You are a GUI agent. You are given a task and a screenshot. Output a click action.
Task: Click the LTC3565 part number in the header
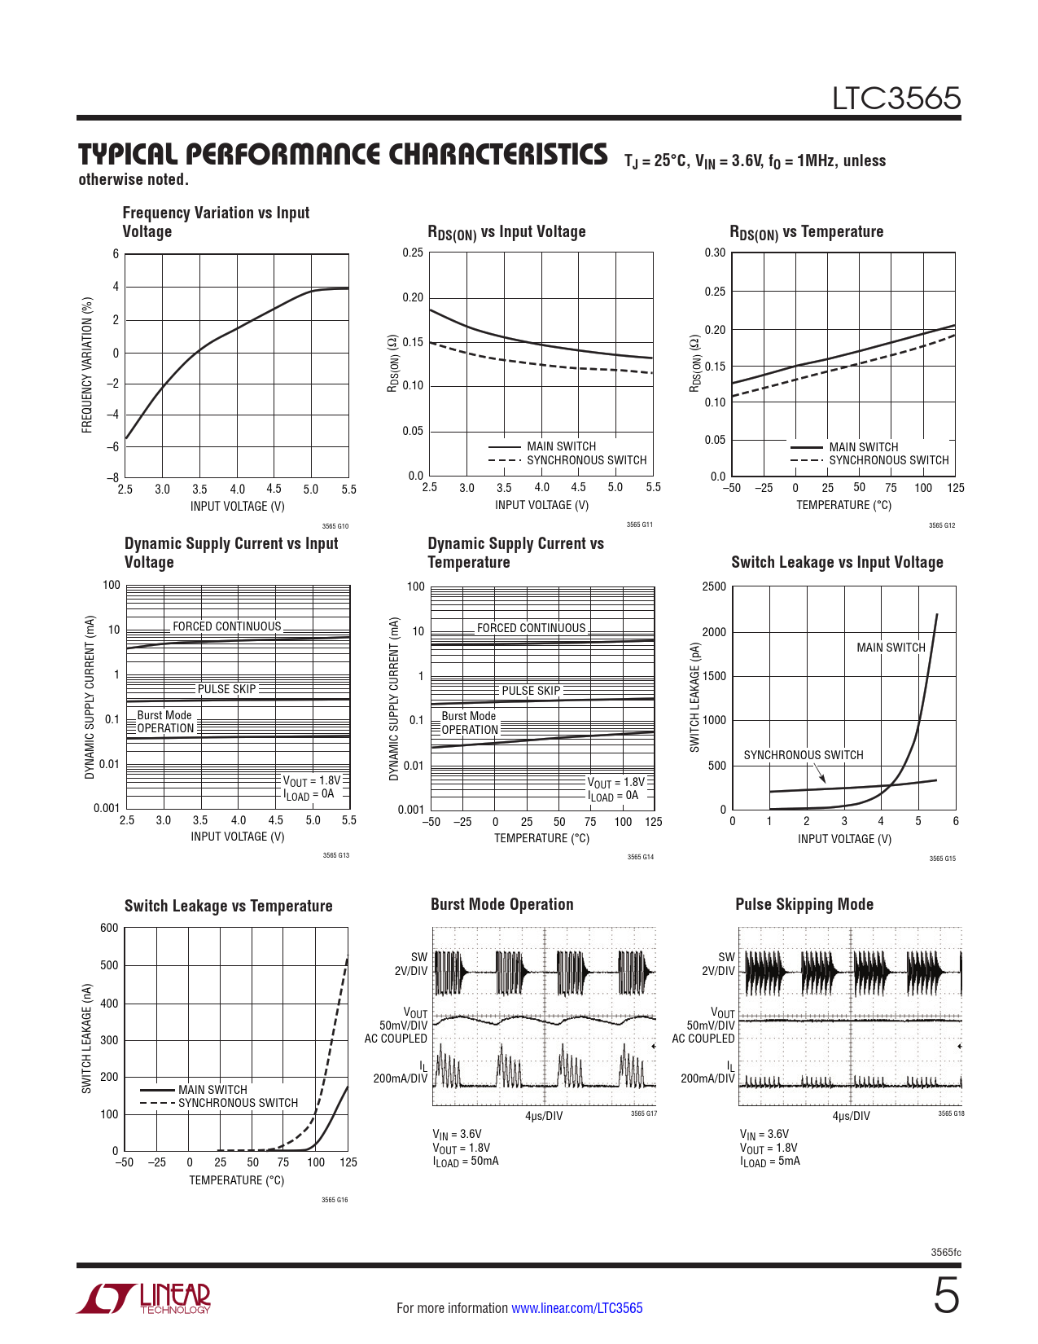coord(896,99)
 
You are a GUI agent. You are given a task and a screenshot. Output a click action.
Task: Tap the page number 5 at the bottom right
coord(946,1296)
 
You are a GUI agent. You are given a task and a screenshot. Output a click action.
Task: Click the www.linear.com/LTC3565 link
coord(577,1307)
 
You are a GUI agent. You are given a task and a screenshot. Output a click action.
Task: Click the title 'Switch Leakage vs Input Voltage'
coord(837,562)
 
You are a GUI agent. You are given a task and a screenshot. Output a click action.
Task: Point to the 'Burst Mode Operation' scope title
coord(502,904)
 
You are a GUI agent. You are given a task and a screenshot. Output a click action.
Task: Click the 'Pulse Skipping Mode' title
coord(804,904)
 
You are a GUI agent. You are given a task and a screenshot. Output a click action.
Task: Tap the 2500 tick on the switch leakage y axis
coord(714,586)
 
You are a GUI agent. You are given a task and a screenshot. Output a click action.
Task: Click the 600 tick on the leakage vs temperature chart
coord(109,928)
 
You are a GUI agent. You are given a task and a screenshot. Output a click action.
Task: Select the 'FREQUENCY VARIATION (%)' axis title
coord(87,365)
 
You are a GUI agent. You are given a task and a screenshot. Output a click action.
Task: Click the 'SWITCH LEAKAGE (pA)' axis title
coord(694,697)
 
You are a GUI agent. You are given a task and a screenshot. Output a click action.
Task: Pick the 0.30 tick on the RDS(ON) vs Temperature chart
coord(715,253)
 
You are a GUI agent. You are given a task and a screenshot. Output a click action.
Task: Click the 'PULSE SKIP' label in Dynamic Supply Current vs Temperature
coord(531,690)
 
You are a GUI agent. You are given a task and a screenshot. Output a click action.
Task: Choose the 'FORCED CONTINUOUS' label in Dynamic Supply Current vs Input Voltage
coord(227,626)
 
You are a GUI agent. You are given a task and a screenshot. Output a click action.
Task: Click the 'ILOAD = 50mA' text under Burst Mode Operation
coord(466,1162)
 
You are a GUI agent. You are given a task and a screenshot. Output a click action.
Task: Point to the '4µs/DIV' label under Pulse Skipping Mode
coord(851,1117)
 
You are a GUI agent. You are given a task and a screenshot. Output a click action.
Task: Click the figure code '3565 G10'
coord(335,526)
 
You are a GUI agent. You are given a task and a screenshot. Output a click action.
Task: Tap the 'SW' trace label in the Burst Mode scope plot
coord(419,957)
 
